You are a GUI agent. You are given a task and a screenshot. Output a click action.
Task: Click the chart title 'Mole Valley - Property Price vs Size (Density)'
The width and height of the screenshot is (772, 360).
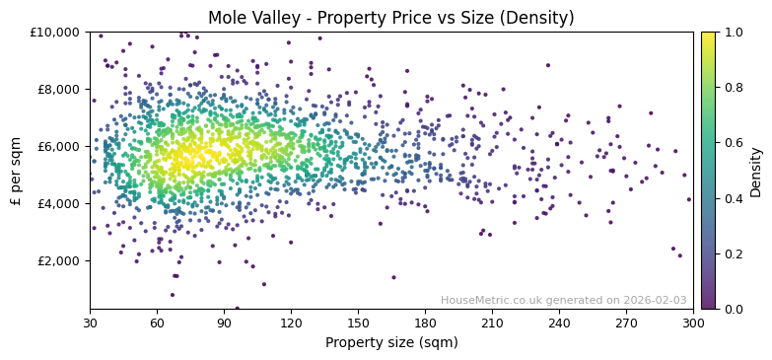point(390,18)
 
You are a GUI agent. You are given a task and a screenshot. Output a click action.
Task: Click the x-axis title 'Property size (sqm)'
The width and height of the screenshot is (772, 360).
point(390,343)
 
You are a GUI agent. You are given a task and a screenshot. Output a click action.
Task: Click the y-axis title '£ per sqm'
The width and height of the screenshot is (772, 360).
point(17,170)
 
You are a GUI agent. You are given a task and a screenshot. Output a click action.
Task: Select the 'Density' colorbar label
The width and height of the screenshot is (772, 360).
point(755,170)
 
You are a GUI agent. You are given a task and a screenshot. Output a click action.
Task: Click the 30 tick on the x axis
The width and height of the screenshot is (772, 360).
point(90,323)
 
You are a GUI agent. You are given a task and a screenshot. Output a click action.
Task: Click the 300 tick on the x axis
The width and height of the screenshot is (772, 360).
point(693,323)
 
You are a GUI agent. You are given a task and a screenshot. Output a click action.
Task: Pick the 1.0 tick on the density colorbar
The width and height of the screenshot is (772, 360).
point(734,33)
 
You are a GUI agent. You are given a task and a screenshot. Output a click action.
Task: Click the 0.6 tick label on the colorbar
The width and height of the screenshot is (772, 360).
point(734,143)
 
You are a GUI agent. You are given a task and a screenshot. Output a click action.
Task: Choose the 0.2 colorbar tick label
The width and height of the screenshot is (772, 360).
point(734,253)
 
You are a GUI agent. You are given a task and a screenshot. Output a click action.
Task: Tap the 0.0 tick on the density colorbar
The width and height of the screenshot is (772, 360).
point(734,309)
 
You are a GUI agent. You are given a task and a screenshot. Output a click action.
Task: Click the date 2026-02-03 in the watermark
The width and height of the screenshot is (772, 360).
point(656,301)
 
